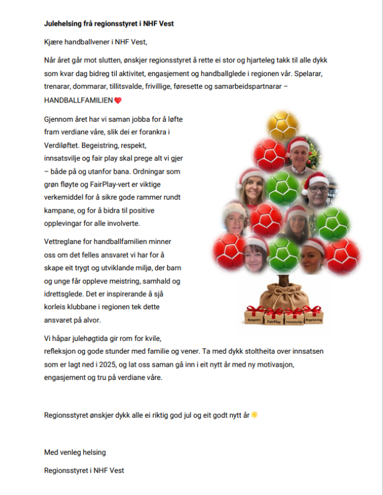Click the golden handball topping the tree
click(282, 126)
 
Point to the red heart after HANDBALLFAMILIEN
click(118, 100)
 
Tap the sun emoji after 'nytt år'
click(255, 415)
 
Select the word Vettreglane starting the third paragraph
click(65, 241)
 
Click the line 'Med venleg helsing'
click(75, 452)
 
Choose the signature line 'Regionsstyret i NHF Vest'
click(84, 470)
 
